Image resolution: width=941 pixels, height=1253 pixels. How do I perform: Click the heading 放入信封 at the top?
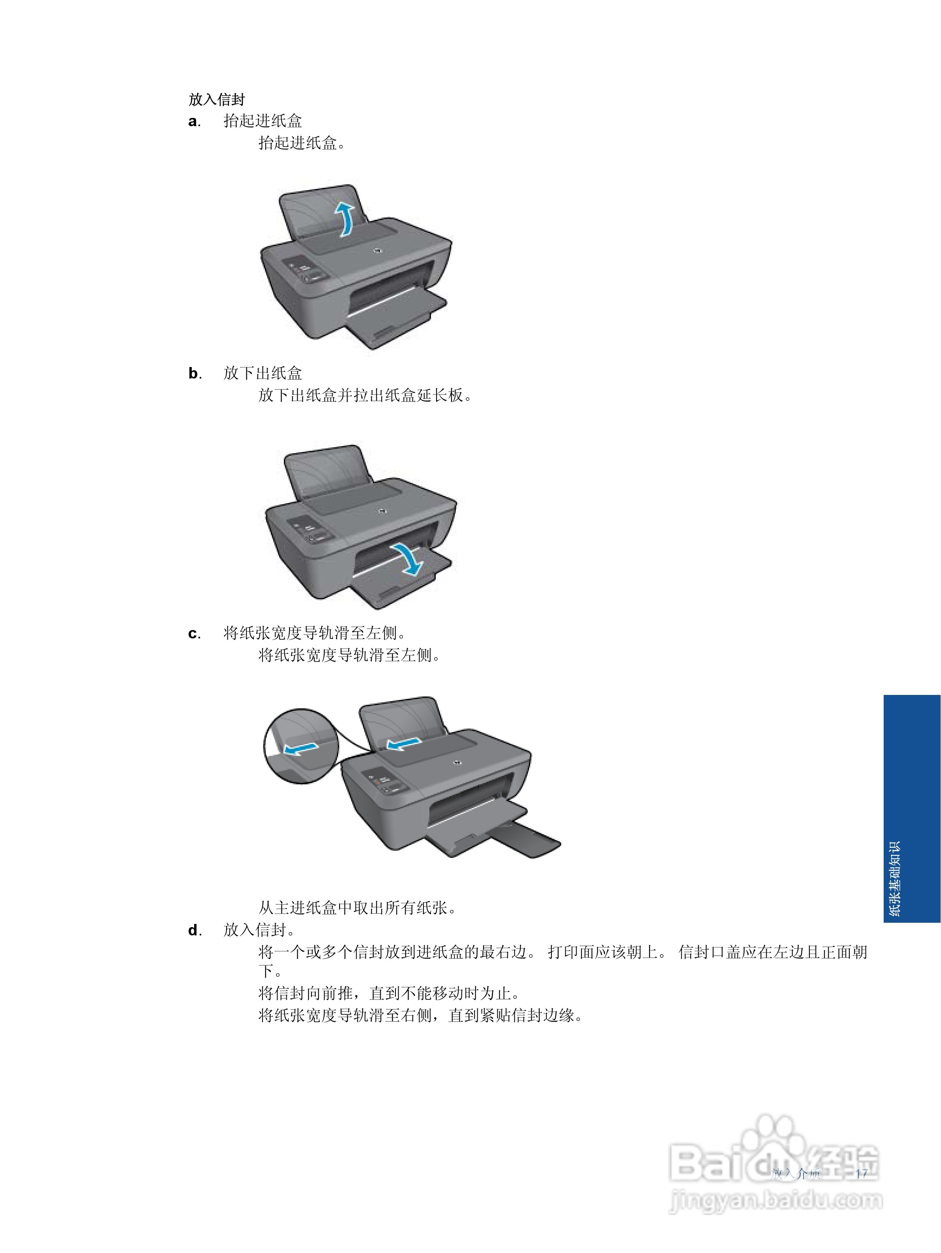coord(216,100)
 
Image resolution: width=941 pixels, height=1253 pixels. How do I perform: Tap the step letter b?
coord(194,373)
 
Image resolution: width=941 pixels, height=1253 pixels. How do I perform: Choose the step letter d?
coord(194,930)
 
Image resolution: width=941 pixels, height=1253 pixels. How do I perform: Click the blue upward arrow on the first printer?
coord(344,218)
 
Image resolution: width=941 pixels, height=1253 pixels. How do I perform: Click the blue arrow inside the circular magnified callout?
coord(300,749)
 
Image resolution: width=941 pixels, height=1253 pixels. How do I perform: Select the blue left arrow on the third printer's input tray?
coord(404,743)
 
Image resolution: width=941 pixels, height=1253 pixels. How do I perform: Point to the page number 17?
coord(861,1174)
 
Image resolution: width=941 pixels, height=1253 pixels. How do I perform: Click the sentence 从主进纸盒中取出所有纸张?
coord(357,908)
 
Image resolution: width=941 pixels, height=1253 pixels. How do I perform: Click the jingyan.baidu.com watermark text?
coord(776,1200)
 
